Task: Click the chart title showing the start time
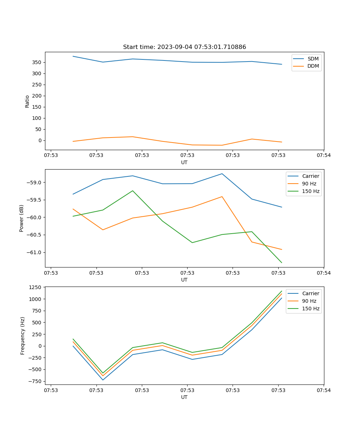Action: point(184,47)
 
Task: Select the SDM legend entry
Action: point(313,59)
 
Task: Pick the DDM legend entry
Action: point(313,66)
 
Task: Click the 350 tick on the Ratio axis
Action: point(37,62)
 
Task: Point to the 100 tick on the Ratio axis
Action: point(37,118)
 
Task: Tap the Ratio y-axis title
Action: point(27,101)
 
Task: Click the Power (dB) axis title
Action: point(22,218)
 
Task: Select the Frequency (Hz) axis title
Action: point(23,336)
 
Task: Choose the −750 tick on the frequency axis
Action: point(36,381)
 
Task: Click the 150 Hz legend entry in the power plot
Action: point(310,191)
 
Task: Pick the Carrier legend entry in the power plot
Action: point(310,176)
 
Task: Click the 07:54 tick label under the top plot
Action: point(323,156)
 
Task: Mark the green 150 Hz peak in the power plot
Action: point(132,191)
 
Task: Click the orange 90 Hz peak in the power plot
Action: point(222,197)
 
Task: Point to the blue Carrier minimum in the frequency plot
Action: point(103,380)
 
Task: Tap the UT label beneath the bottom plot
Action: point(184,397)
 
